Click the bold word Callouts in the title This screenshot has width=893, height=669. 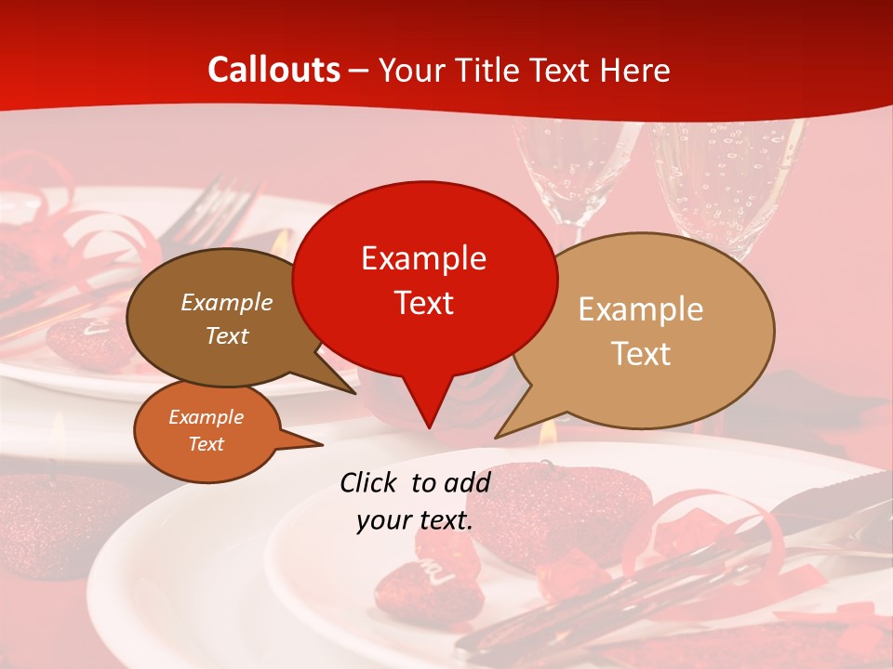pos(273,70)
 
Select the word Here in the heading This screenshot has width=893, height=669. pos(635,70)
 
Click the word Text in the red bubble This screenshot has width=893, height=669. pos(423,302)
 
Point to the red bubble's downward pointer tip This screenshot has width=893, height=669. pos(429,427)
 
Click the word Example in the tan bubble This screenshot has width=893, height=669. pos(641,309)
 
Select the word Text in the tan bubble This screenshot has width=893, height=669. pos(641,354)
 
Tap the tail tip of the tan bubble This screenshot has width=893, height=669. pos(496,438)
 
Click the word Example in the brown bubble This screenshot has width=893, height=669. pos(227,303)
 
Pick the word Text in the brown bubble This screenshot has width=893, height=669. pos(227,336)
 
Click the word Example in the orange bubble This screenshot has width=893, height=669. pos(206,417)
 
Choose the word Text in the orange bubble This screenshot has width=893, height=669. pos(206,444)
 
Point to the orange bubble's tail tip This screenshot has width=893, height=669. pos(323,445)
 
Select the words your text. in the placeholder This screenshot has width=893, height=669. pos(414,520)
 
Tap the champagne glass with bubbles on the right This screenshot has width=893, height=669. pos(726,186)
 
